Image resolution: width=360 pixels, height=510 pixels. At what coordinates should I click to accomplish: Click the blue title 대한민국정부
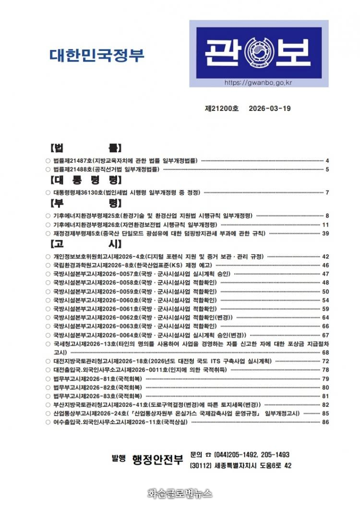pyautogui.click(x=97, y=56)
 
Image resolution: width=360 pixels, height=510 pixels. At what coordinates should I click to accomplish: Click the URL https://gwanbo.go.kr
pyautogui.click(x=258, y=83)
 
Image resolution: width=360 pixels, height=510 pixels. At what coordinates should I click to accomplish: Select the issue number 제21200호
pyautogui.click(x=222, y=109)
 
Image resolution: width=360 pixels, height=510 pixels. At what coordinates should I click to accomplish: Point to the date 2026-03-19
pyautogui.click(x=270, y=109)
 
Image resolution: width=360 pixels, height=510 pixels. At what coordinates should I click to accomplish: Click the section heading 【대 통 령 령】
pyautogui.click(x=86, y=181)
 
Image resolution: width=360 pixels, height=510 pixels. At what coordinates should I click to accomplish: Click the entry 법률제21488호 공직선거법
pyautogui.click(x=106, y=169)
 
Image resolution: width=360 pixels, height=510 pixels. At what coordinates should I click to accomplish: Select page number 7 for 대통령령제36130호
pyautogui.click(x=327, y=193)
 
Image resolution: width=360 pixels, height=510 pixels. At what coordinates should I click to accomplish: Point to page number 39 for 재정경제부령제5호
pyautogui.click(x=325, y=233)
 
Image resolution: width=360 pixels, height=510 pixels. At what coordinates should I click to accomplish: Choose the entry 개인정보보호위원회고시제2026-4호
pyautogui.click(x=158, y=256)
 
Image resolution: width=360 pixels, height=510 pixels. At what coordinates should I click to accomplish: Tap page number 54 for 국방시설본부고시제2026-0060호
pyautogui.click(x=325, y=300)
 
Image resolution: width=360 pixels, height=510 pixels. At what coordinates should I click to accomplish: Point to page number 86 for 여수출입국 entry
pyautogui.click(x=325, y=422)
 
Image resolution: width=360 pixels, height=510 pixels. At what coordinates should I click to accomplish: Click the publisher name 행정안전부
pyautogui.click(x=157, y=460)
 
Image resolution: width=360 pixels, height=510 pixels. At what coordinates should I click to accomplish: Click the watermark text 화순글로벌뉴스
pyautogui.click(x=180, y=493)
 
